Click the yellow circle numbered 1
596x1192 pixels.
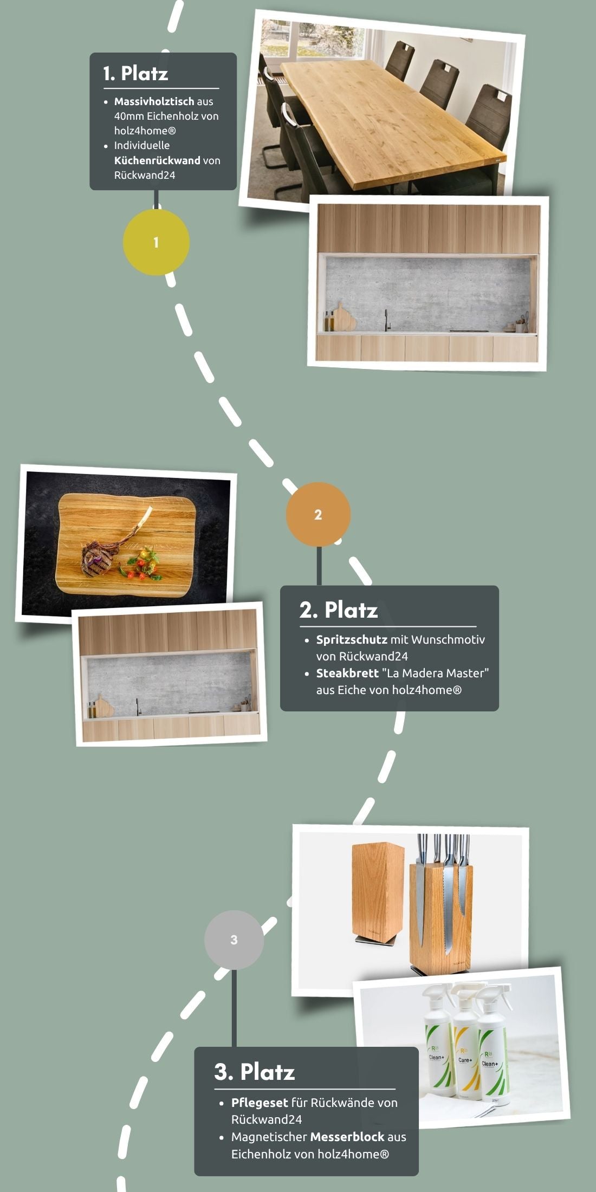pyautogui.click(x=156, y=242)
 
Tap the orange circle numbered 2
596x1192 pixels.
pyautogui.click(x=318, y=514)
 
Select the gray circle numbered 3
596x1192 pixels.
pyautogui.click(x=234, y=940)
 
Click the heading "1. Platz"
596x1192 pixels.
pyautogui.click(x=135, y=73)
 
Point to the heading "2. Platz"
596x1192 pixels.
pyautogui.click(x=339, y=610)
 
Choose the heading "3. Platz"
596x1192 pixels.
pyautogui.click(x=255, y=1072)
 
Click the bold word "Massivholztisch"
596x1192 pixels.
pyautogui.click(x=154, y=101)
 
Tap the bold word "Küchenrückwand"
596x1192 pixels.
pyautogui.click(x=157, y=160)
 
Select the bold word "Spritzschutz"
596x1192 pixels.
pyautogui.click(x=352, y=639)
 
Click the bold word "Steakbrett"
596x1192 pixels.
pyautogui.click(x=347, y=673)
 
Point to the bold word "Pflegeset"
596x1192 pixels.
pyautogui.click(x=260, y=1103)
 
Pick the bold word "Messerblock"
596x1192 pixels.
pyautogui.click(x=347, y=1137)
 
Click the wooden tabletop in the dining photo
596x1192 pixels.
pyautogui.click(x=390, y=119)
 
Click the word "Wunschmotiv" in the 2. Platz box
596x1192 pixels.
pyautogui.click(x=448, y=639)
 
